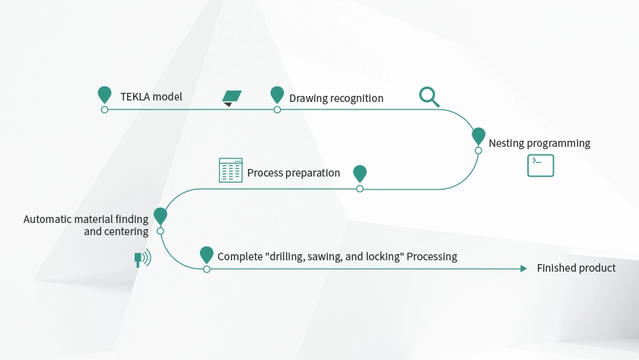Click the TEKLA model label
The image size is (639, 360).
(151, 97)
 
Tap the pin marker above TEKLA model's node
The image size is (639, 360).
(104, 94)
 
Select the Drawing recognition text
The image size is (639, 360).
(335, 98)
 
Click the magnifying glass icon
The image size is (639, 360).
(429, 97)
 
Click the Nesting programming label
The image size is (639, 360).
(539, 143)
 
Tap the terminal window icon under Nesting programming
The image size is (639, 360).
(540, 165)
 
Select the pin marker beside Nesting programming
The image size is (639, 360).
(478, 135)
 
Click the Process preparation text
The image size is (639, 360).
(293, 173)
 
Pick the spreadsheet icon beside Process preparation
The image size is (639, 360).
(230, 170)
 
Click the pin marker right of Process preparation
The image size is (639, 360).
(360, 174)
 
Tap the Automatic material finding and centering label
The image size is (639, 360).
(86, 225)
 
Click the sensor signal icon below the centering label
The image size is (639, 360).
(141, 258)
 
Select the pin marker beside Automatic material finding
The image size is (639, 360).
(160, 216)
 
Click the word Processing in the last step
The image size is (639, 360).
(432, 256)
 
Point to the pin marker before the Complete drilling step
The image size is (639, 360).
(206, 254)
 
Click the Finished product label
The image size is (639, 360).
(576, 268)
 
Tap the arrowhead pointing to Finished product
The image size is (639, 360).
(523, 269)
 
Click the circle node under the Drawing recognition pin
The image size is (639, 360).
(277, 110)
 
